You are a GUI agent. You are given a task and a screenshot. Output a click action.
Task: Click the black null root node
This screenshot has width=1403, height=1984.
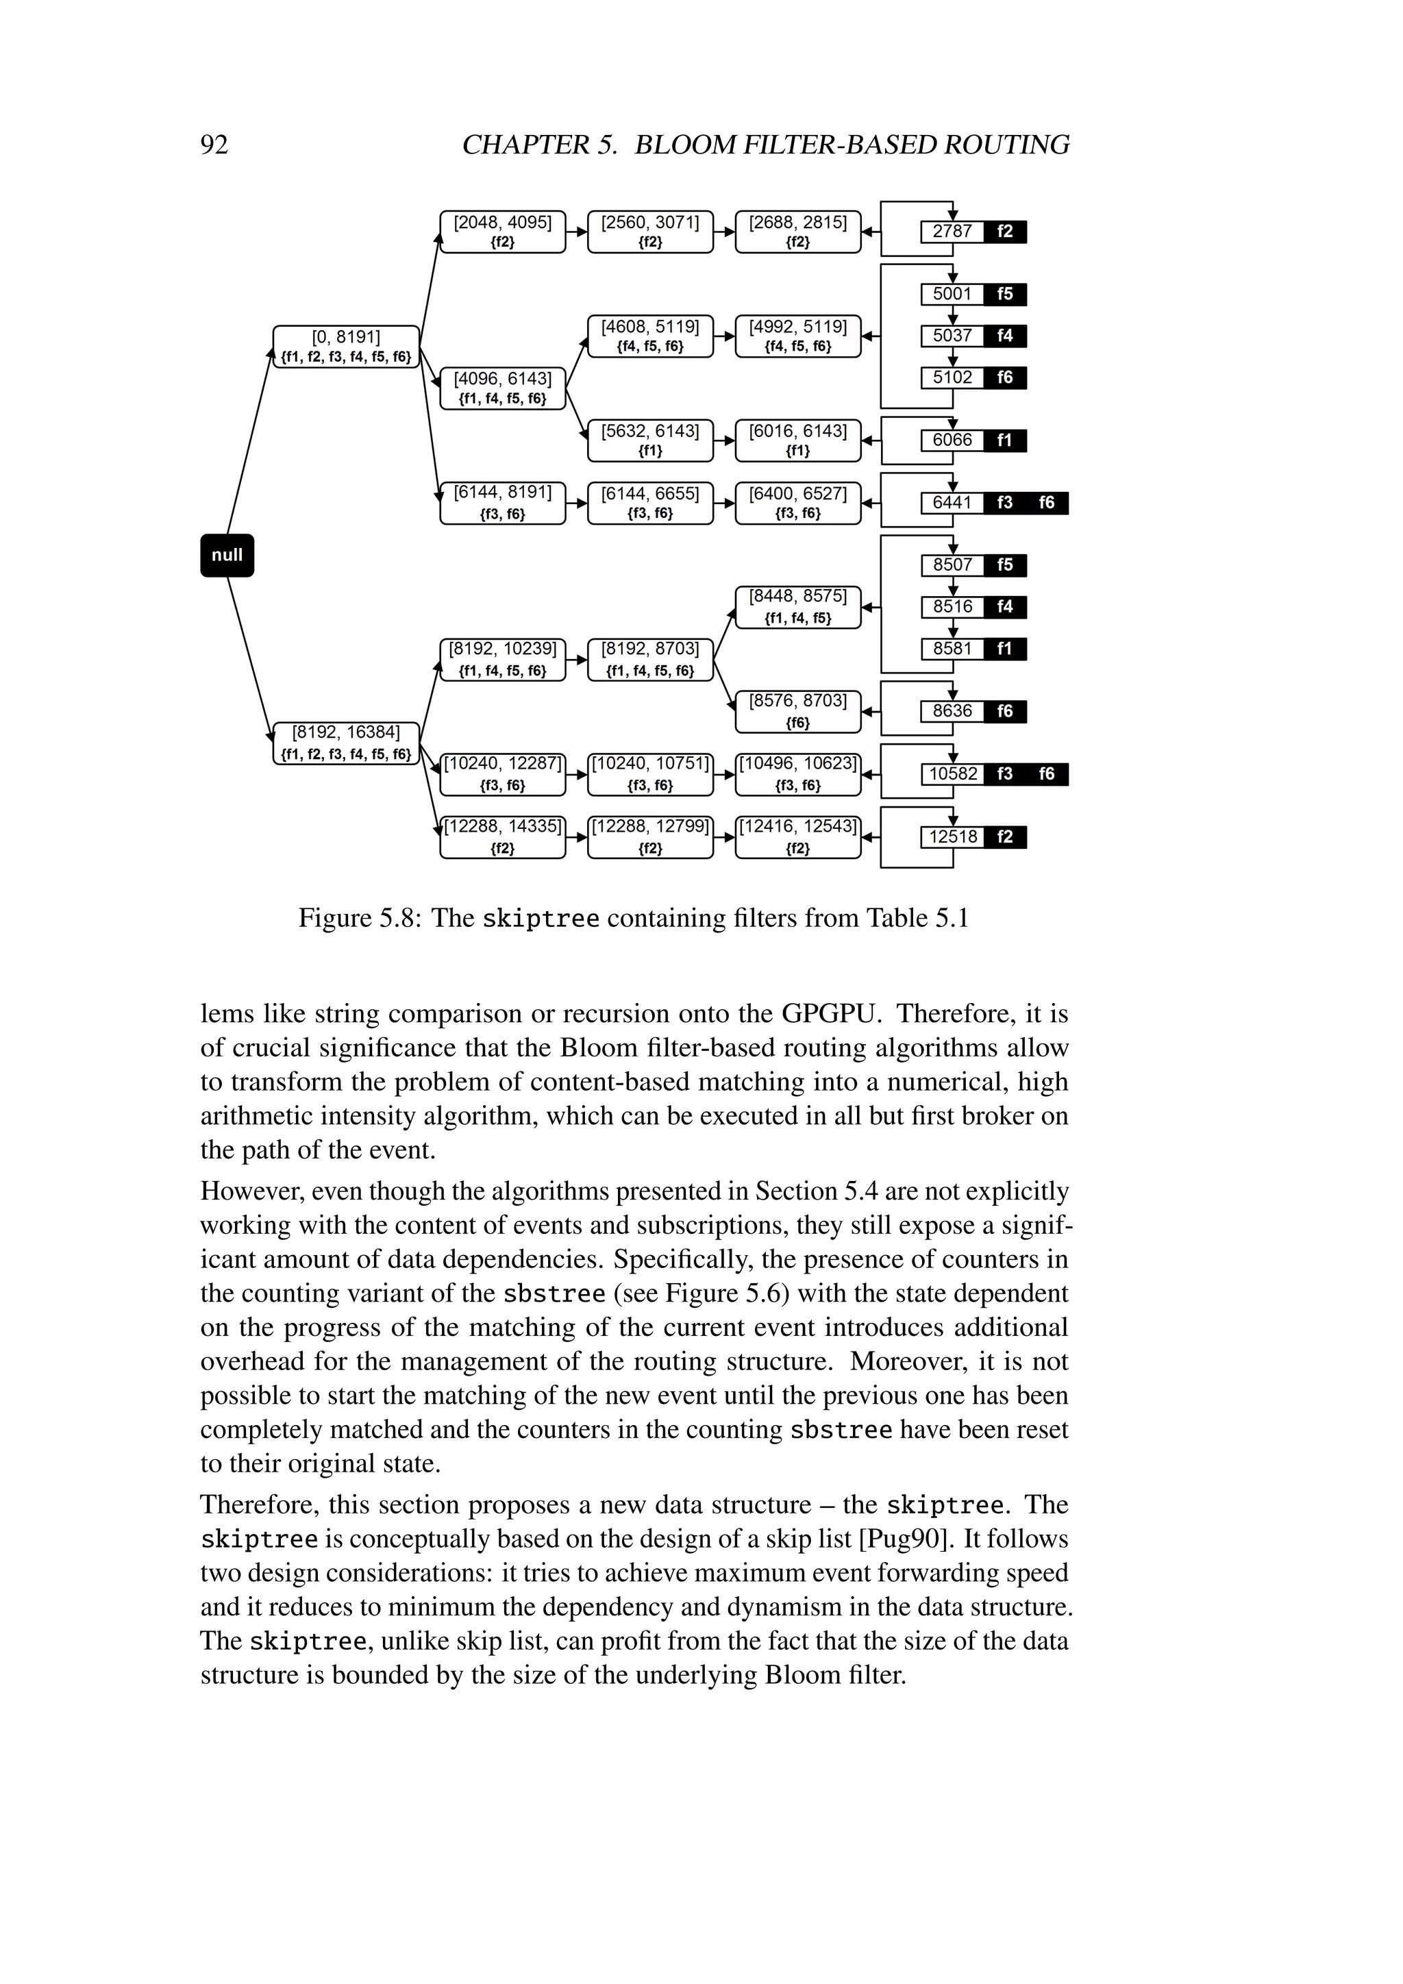pyautogui.click(x=227, y=556)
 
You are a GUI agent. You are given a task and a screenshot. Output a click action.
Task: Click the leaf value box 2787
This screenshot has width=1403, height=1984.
pyautogui.click(x=952, y=232)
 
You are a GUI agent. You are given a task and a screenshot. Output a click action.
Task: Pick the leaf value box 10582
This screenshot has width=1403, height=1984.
pyautogui.click(x=952, y=774)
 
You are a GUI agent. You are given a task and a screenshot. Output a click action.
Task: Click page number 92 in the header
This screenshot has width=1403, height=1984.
pyautogui.click(x=214, y=145)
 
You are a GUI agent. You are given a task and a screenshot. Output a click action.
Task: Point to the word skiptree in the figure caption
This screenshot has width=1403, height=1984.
pyautogui.click(x=540, y=919)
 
